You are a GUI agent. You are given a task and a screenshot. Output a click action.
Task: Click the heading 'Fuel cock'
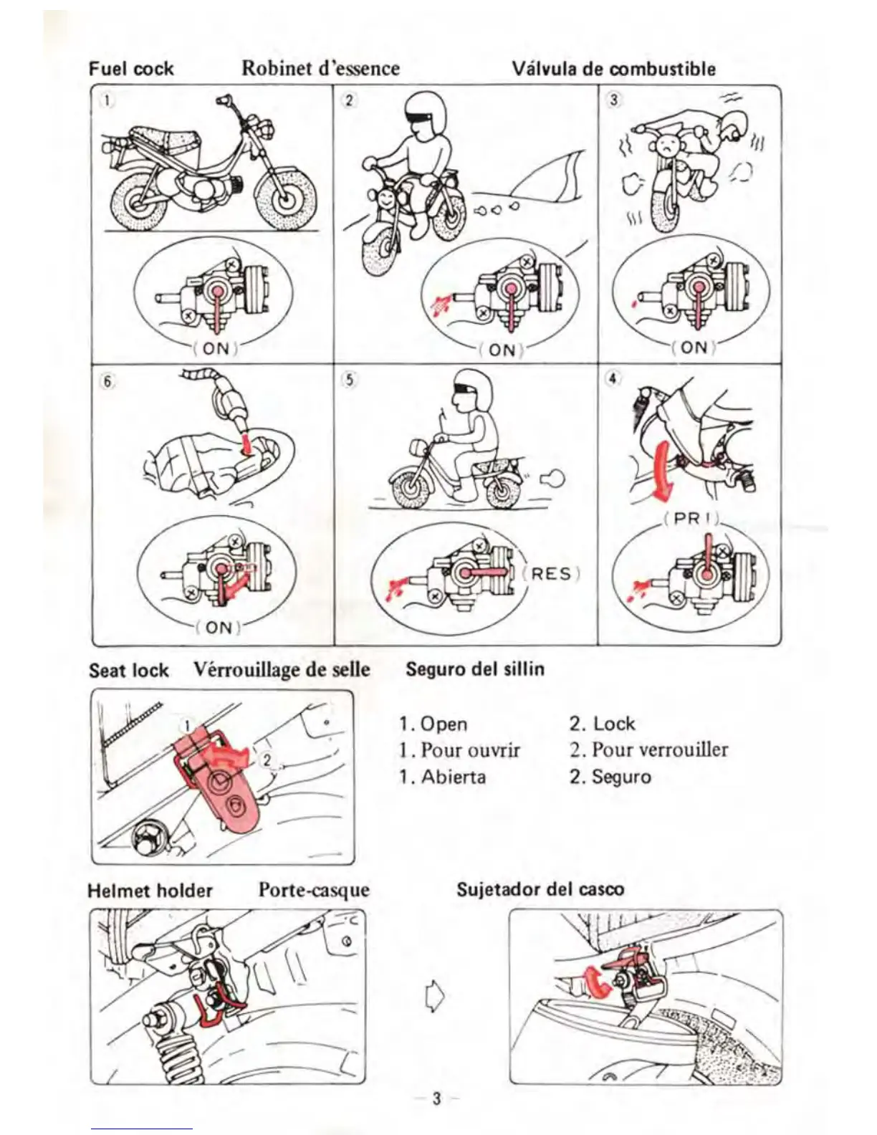pos(131,69)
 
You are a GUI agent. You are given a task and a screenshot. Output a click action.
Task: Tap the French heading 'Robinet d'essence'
pos(320,68)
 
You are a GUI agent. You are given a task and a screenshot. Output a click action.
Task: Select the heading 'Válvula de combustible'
pos(613,69)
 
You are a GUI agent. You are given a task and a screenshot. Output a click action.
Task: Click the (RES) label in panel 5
pos(552,574)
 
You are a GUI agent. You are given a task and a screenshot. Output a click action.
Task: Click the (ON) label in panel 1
pos(216,348)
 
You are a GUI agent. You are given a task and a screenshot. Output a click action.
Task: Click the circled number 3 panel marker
pos(613,100)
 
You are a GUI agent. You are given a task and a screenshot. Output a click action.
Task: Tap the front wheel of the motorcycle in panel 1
pos(286,198)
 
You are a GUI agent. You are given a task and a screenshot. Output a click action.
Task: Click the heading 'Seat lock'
pos(129,671)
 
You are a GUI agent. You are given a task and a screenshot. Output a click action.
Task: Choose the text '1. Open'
pos(433,724)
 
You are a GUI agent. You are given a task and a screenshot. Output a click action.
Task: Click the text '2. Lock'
pos(603,723)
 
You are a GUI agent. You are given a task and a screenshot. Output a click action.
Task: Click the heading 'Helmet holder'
pos(150,891)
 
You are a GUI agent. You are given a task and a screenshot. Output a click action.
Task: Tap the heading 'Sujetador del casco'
pos(540,889)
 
